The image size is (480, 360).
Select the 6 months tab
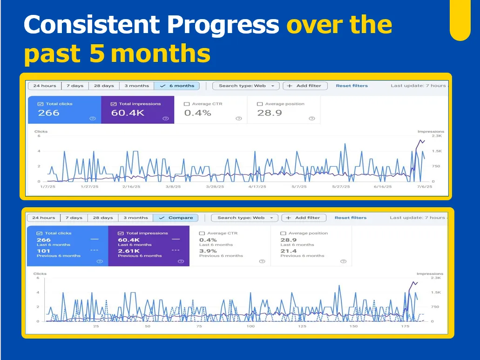pyautogui.click(x=177, y=86)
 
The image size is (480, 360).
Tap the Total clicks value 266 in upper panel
pyautogui.click(x=49, y=113)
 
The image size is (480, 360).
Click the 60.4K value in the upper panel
pyautogui.click(x=128, y=113)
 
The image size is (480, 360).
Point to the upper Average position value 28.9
pyautogui.click(x=270, y=113)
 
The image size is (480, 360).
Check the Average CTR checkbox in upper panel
pyautogui.click(x=187, y=104)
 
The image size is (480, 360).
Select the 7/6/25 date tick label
pyautogui.click(x=424, y=187)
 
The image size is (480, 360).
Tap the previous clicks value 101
pyautogui.click(x=43, y=251)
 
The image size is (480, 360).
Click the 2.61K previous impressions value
pyautogui.click(x=128, y=251)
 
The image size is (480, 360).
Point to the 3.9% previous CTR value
pyautogui.click(x=208, y=251)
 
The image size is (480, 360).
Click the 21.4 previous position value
pyautogui.click(x=289, y=251)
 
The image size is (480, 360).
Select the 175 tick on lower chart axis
pyautogui.click(x=405, y=326)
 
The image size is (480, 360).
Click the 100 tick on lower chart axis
pyautogui.click(x=250, y=326)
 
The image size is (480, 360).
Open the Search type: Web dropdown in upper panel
pyautogui.click(x=246, y=86)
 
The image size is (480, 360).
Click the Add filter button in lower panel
pyautogui.click(x=304, y=218)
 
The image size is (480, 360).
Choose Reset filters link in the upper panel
pyautogui.click(x=352, y=86)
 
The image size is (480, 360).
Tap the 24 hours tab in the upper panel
pyautogui.click(x=45, y=86)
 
